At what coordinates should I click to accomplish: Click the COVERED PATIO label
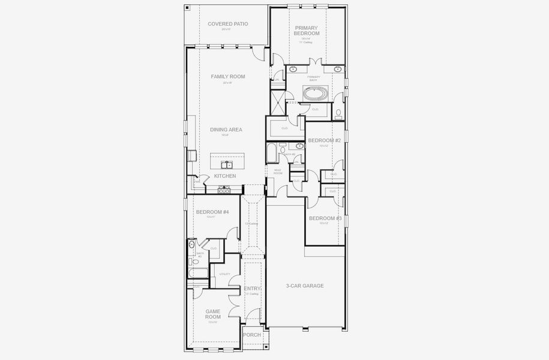[x=227, y=24]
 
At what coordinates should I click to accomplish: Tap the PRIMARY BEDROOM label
[x=306, y=31]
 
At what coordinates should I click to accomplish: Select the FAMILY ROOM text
[x=227, y=77]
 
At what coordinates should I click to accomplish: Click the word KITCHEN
[x=225, y=176]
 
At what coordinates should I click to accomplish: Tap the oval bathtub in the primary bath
[x=315, y=94]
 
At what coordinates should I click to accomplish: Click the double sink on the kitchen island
[x=227, y=164]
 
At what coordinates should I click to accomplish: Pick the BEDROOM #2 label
[x=324, y=140]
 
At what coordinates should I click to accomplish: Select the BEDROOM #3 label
[x=325, y=218]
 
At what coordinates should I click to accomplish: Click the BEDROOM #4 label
[x=212, y=212]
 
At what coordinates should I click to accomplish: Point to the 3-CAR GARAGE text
[x=304, y=286]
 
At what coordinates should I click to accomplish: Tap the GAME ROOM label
[x=213, y=314]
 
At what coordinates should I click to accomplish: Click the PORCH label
[x=252, y=335]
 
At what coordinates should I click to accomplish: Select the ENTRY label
[x=252, y=289]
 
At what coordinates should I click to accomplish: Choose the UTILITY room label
[x=224, y=274]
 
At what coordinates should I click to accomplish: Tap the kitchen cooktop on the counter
[x=224, y=188]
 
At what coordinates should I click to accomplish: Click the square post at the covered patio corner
[x=187, y=8]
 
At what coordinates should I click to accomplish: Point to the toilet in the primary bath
[x=338, y=113]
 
